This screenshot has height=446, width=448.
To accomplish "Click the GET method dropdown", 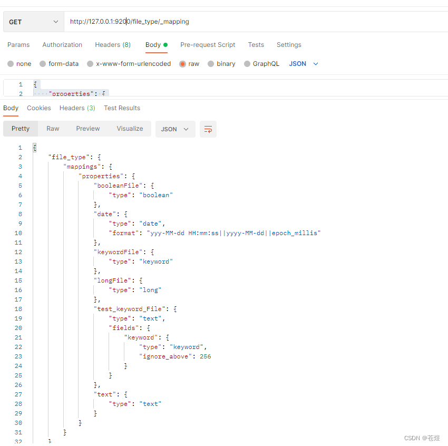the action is click(34, 22).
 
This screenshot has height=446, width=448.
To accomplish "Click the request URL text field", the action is click(253, 22).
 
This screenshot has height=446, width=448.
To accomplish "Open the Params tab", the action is click(18, 45).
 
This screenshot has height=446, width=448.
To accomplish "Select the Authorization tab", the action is click(62, 45).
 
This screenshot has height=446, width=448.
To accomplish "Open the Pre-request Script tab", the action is click(208, 45).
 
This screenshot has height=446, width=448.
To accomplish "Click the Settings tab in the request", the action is click(289, 45).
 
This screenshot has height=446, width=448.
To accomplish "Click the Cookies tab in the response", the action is click(39, 108).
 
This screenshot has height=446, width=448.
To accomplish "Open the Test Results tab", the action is click(122, 108).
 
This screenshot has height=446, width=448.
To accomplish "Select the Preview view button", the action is click(87, 129).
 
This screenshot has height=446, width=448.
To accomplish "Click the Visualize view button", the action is click(130, 129).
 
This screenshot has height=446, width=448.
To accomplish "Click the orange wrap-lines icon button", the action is click(208, 129).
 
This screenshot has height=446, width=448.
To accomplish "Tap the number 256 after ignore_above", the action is click(205, 356).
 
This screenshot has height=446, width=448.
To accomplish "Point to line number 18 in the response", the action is click(19, 309).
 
